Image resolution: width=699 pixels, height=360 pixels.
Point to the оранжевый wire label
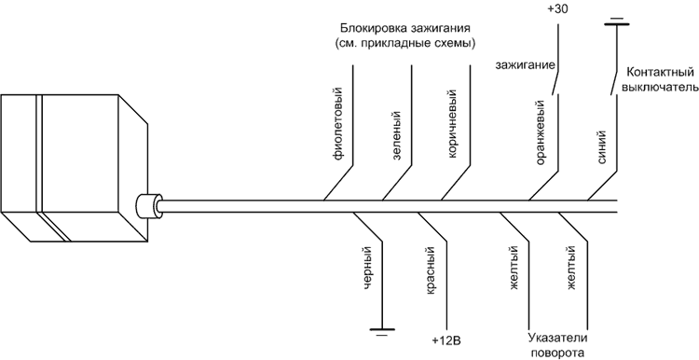tap(541, 138)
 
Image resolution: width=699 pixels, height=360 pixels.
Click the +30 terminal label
tap(558, 8)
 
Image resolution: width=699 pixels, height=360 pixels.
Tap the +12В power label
tap(447, 340)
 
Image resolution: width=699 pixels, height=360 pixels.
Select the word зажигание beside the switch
tap(525, 65)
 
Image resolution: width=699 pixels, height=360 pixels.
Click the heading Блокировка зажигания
tap(403, 27)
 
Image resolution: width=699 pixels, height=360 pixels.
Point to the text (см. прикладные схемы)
tap(403, 44)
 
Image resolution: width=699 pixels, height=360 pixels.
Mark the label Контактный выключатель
tap(660, 80)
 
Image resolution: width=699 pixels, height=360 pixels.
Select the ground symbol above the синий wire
tap(614, 20)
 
